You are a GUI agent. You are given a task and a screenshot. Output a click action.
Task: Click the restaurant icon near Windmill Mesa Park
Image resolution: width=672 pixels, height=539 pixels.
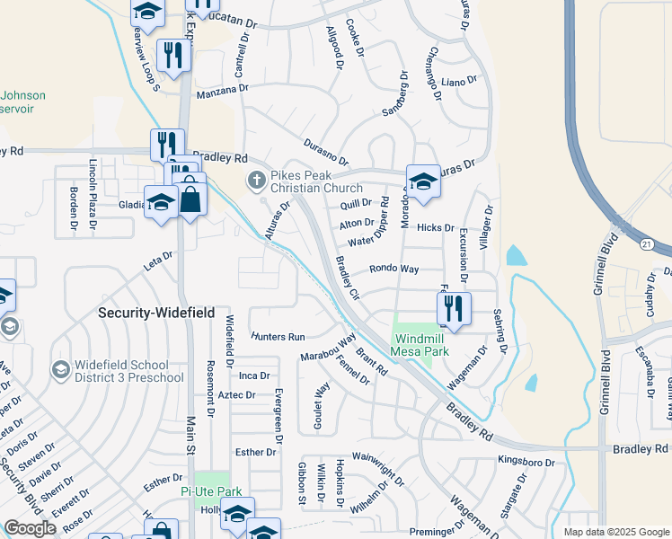[454, 308]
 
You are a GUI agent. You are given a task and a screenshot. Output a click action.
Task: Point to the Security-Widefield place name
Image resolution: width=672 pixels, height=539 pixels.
[156, 313]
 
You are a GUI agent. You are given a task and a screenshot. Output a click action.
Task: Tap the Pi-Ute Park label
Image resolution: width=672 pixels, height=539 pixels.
[211, 492]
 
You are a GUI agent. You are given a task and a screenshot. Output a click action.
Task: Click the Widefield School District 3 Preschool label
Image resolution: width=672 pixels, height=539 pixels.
[122, 371]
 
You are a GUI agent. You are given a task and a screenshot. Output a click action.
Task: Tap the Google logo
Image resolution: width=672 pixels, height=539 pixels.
[31, 528]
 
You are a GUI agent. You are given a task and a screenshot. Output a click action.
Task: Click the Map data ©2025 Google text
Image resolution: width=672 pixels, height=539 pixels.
[615, 532]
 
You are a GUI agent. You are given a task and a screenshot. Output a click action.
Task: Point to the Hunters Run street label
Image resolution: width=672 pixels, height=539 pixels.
[278, 337]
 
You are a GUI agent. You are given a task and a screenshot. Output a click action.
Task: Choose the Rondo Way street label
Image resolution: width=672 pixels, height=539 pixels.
[394, 269]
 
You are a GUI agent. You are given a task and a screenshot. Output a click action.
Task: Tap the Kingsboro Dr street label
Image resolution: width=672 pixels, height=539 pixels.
[526, 462]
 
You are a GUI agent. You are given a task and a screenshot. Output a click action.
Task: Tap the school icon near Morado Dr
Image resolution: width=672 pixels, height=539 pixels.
[423, 181]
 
